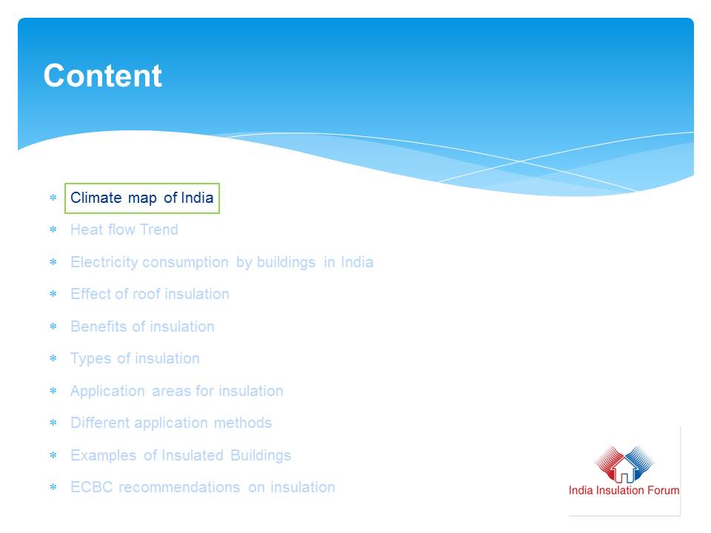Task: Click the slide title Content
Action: click(102, 76)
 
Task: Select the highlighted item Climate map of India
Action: click(142, 198)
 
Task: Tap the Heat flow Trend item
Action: click(124, 229)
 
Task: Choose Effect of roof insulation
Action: click(150, 294)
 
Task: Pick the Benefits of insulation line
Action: click(142, 326)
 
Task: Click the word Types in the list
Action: click(90, 359)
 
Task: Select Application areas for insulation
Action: click(177, 391)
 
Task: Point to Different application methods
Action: click(171, 423)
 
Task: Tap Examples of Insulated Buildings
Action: click(181, 455)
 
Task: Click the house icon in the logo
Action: click(624, 469)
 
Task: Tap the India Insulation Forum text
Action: click(624, 490)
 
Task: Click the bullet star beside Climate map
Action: click(53, 198)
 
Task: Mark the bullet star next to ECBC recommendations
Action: click(53, 487)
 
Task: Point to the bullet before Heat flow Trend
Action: click(53, 229)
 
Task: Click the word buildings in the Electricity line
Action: click(286, 262)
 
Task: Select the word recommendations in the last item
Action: click(179, 487)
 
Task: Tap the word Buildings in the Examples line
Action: click(261, 455)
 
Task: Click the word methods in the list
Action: click(243, 423)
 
